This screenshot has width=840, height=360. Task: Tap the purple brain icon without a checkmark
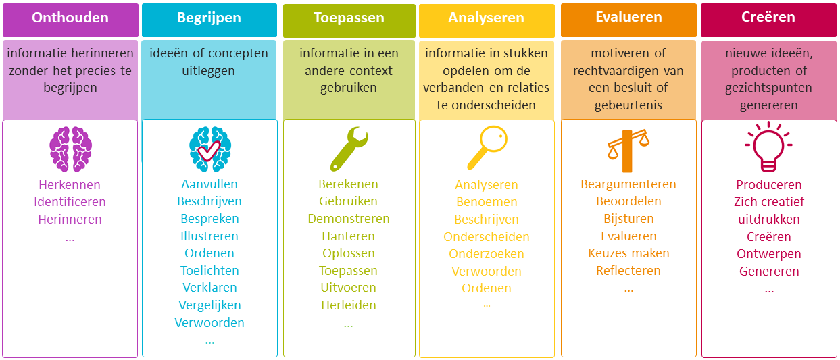pos(70,149)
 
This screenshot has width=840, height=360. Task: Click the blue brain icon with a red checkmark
pos(210,149)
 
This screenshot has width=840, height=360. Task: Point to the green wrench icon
pos(349,149)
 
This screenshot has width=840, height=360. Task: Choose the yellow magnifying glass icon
pos(487,148)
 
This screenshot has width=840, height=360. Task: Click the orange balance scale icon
pos(628,151)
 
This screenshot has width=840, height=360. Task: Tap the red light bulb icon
pos(768,147)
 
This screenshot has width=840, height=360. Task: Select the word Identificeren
pos(70,202)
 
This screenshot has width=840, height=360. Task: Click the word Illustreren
pos(209,236)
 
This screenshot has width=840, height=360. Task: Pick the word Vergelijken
pos(209,305)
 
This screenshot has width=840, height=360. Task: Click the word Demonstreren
pos(349,219)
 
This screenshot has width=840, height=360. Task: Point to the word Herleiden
pos(349,305)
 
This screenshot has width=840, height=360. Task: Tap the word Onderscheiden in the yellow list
pos(487,237)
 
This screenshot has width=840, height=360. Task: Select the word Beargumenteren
pos(628,184)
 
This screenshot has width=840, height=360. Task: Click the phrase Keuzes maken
pos(629,253)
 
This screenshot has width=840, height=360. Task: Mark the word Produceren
pos(769,184)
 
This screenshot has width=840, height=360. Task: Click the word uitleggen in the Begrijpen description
pos(209,71)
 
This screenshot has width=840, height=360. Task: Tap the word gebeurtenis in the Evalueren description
pos(628,105)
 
